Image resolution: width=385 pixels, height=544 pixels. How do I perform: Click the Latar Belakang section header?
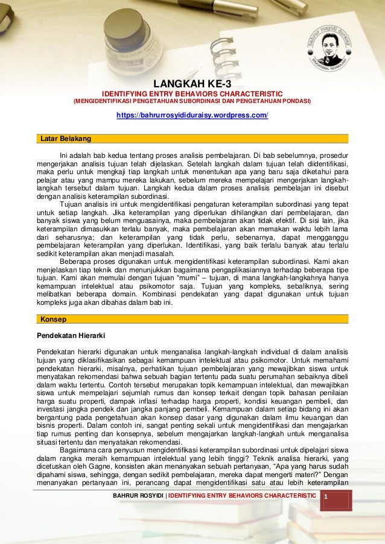tap(66, 139)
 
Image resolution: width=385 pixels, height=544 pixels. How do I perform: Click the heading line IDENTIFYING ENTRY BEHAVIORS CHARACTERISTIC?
tap(192, 94)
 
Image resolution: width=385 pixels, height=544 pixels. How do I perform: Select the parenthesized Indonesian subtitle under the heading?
tap(192, 101)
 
